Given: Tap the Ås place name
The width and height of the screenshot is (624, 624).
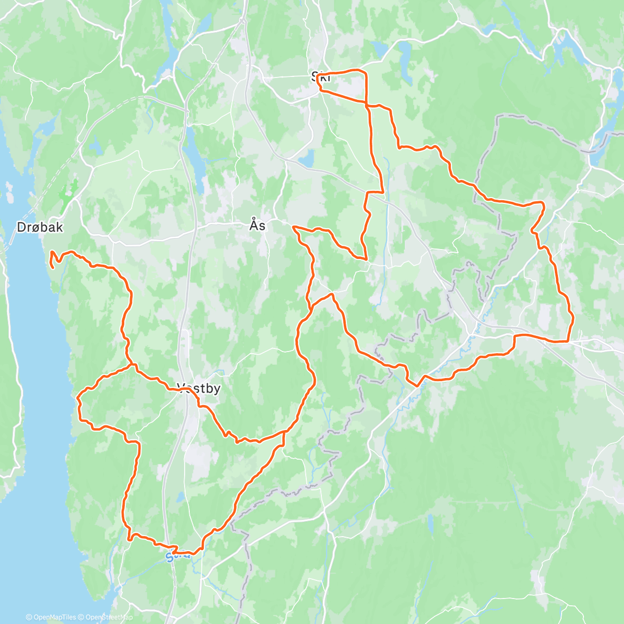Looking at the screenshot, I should tap(257, 225).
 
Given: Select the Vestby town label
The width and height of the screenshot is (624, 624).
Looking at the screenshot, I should tap(199, 388).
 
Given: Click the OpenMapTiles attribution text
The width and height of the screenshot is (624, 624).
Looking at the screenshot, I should tap(50, 617).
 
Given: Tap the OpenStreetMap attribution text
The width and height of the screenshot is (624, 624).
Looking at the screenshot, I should tap(106, 617).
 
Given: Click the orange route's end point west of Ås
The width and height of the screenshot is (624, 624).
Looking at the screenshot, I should tap(294, 227).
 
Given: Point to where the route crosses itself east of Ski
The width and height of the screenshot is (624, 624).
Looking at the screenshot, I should tap(367, 105).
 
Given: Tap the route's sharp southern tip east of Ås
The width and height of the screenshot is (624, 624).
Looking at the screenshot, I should tap(366, 258).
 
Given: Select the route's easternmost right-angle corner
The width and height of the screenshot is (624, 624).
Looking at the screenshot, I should tap(567, 342).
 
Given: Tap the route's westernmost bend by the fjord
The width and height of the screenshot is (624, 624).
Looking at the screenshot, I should tap(78, 399).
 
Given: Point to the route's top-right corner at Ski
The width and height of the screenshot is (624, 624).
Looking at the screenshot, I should tap(366, 73).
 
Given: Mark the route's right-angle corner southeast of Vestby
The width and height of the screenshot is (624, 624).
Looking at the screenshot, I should tap(284, 432).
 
